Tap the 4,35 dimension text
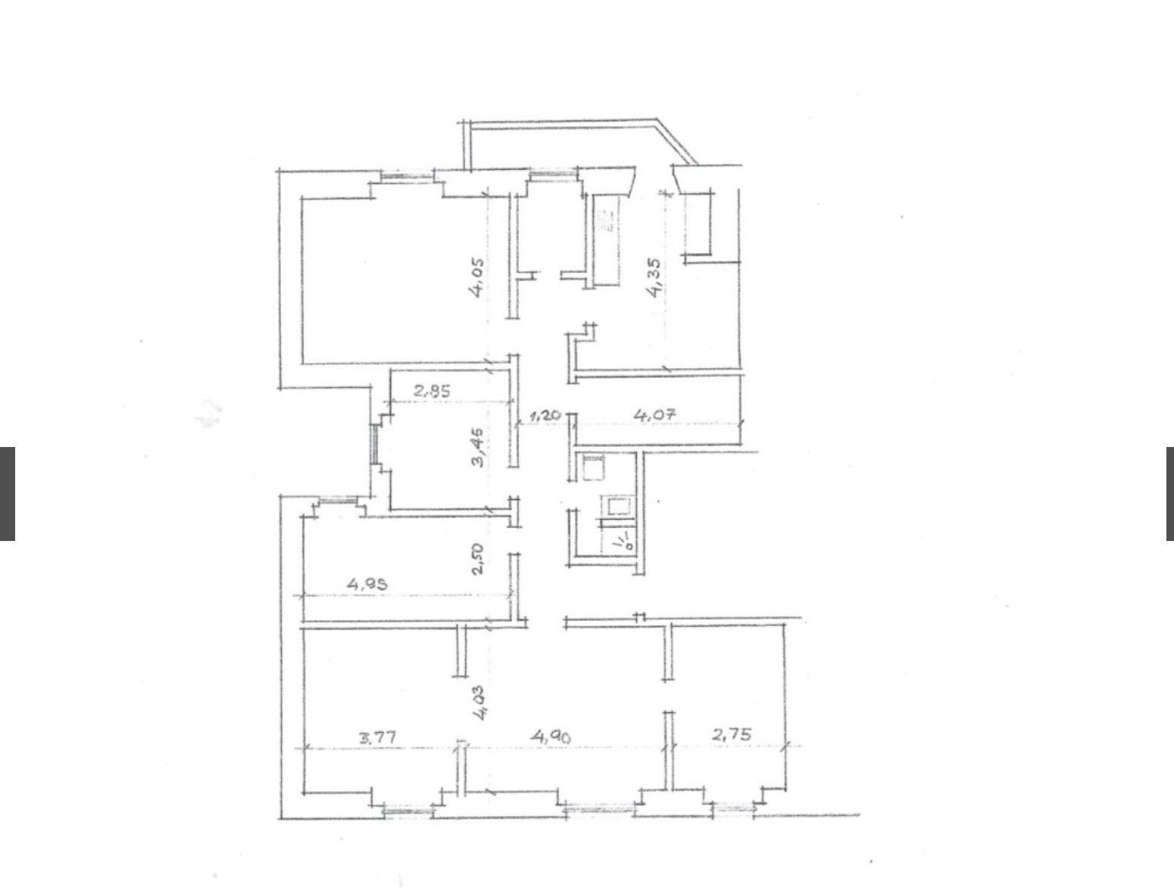click(x=653, y=277)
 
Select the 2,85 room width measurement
click(x=432, y=391)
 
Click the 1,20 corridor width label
click(x=545, y=415)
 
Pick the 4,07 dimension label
click(x=655, y=414)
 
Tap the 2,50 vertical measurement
click(x=478, y=559)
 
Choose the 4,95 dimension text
click(x=367, y=583)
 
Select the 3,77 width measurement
click(x=378, y=738)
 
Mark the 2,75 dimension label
click(x=732, y=735)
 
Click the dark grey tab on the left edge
click(x=8, y=493)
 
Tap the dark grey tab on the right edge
click(x=1169, y=493)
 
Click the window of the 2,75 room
click(x=733, y=810)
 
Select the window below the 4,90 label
click(x=601, y=811)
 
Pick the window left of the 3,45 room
click(x=374, y=444)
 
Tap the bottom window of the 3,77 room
click(x=408, y=812)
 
